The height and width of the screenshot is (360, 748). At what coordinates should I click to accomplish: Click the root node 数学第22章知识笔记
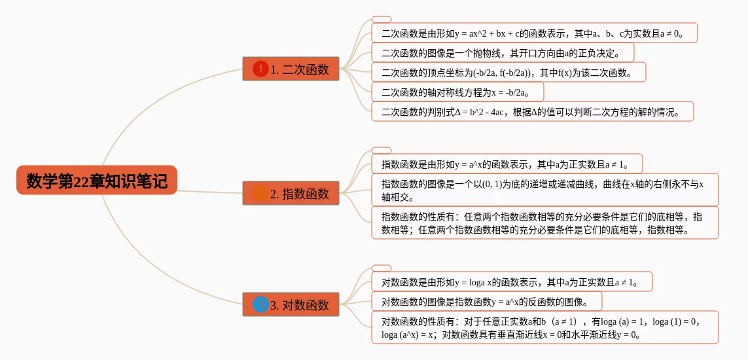coord(97,180)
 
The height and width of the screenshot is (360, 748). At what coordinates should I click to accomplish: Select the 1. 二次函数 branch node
coord(291,69)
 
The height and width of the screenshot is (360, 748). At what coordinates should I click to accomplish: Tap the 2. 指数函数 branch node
coord(291,193)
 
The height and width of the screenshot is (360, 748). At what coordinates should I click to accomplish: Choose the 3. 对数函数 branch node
coord(291,304)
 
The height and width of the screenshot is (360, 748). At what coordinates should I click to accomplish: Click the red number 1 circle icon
coord(260,69)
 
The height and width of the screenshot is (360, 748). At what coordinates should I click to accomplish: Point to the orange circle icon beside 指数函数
coord(260,193)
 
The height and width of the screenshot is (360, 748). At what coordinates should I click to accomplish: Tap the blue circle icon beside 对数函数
coord(260,304)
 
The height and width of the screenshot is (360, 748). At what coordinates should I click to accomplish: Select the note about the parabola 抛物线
coord(502,52)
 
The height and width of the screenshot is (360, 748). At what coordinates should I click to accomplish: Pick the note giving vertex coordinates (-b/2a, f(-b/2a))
coord(508,72)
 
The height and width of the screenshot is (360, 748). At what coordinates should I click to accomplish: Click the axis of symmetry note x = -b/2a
coord(457,92)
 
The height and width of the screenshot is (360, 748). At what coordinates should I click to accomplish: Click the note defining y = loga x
coord(511,282)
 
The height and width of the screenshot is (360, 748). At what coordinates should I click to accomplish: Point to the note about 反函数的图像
coord(486,302)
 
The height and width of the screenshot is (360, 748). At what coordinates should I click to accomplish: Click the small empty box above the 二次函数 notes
coord(381,20)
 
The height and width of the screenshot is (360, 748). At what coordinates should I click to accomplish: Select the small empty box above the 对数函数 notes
coord(381,268)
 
